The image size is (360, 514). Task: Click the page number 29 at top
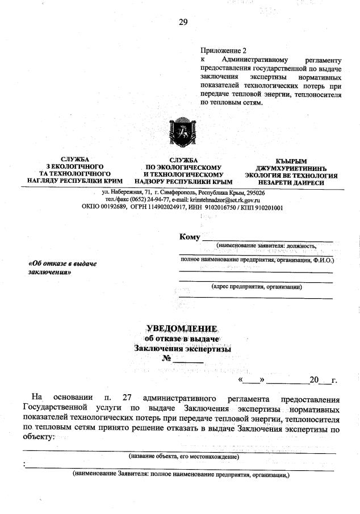183,23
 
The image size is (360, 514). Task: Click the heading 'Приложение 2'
224,51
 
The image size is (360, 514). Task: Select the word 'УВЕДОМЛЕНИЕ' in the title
182,329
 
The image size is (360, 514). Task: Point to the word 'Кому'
189,237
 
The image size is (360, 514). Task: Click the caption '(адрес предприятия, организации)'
256,287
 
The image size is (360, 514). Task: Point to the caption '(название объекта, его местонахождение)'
183,456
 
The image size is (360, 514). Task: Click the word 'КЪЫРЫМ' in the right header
291,161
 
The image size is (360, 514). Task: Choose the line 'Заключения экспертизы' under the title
183,349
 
